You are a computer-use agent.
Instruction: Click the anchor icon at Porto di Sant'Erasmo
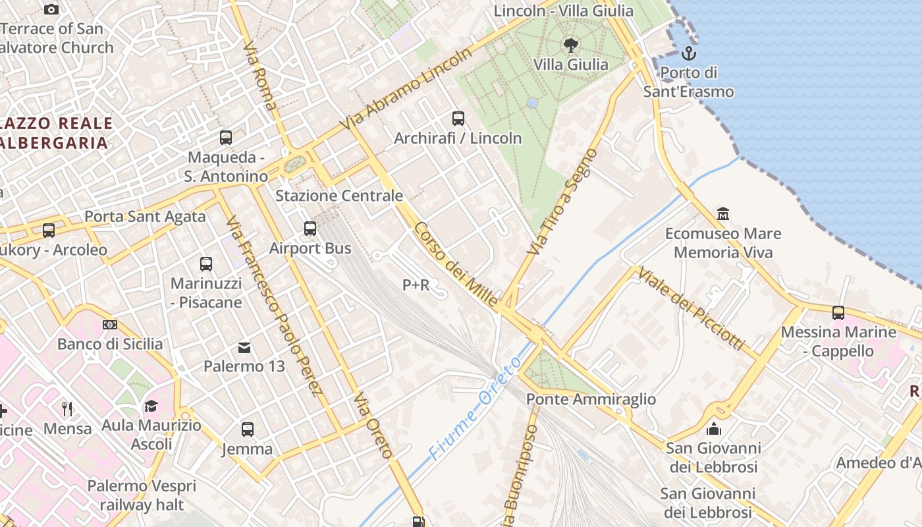point(689,53)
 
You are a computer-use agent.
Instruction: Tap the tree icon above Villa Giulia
point(570,45)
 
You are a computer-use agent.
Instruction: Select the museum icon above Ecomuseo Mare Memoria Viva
point(723,213)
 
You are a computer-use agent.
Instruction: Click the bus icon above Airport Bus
point(310,229)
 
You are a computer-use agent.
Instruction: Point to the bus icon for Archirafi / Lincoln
point(458,119)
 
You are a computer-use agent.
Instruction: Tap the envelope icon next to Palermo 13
point(244,347)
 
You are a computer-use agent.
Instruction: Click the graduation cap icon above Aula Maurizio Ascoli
point(151,406)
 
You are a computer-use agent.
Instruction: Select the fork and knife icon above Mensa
point(67,409)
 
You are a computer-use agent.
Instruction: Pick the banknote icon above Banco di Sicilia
point(110,325)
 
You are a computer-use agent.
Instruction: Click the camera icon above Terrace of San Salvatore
point(51,9)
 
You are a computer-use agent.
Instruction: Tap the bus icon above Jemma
point(248,430)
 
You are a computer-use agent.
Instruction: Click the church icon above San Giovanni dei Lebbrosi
point(713,430)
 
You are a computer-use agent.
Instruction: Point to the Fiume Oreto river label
point(475,408)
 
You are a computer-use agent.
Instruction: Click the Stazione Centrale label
point(339,196)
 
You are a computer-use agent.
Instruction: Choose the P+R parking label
point(416,285)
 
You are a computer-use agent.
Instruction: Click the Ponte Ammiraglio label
point(591,399)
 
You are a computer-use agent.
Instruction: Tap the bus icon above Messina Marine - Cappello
point(838,313)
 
